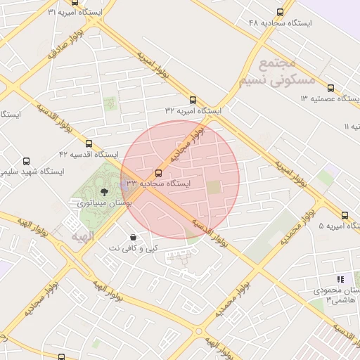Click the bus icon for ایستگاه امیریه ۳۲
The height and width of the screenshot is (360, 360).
coord(193,100)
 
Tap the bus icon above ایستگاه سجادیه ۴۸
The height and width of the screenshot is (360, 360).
coord(281,12)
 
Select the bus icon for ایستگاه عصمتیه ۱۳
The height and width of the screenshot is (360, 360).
coord(330,89)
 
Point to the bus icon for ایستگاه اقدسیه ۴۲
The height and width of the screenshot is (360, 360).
coord(89,143)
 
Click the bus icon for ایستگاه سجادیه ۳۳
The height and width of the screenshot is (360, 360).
coord(158,173)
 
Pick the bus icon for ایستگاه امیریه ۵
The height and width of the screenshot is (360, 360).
coord(345,215)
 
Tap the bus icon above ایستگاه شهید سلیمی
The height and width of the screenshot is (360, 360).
coord(27,161)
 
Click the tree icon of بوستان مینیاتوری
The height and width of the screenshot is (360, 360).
coord(105,191)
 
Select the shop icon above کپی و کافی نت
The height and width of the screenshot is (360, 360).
coord(134,237)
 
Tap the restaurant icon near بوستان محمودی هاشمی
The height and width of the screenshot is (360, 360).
coord(341,279)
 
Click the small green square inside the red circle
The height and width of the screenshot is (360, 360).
coord(213,187)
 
